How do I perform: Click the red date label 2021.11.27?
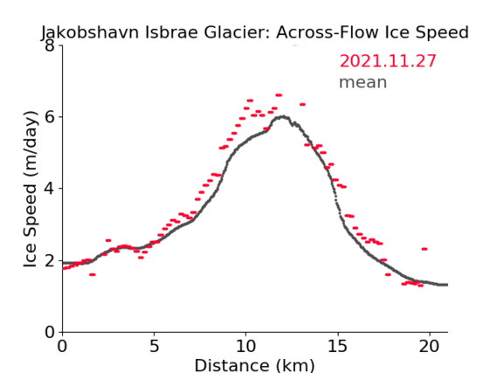[x=388, y=61]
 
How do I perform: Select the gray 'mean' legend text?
[x=363, y=82]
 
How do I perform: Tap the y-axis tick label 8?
[x=50, y=45]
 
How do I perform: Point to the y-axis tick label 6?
[x=50, y=117]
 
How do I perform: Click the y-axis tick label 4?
[x=50, y=189]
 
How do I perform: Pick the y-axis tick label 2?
[x=50, y=260]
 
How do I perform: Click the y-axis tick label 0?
[x=50, y=332]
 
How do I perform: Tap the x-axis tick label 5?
[x=154, y=346]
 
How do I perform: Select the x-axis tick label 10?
[x=246, y=346]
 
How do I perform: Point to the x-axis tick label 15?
[x=337, y=346]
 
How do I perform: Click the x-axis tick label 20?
[x=429, y=346]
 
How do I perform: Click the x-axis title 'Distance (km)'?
[x=254, y=365]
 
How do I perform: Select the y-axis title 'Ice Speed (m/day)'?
[x=31, y=190]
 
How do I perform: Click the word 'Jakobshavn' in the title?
[x=90, y=32]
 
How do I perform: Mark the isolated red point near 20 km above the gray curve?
[x=425, y=249]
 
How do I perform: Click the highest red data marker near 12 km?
[x=279, y=95]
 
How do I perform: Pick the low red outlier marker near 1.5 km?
[x=92, y=275]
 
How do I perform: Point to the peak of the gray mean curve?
[x=283, y=117]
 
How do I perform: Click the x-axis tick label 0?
[x=62, y=346]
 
